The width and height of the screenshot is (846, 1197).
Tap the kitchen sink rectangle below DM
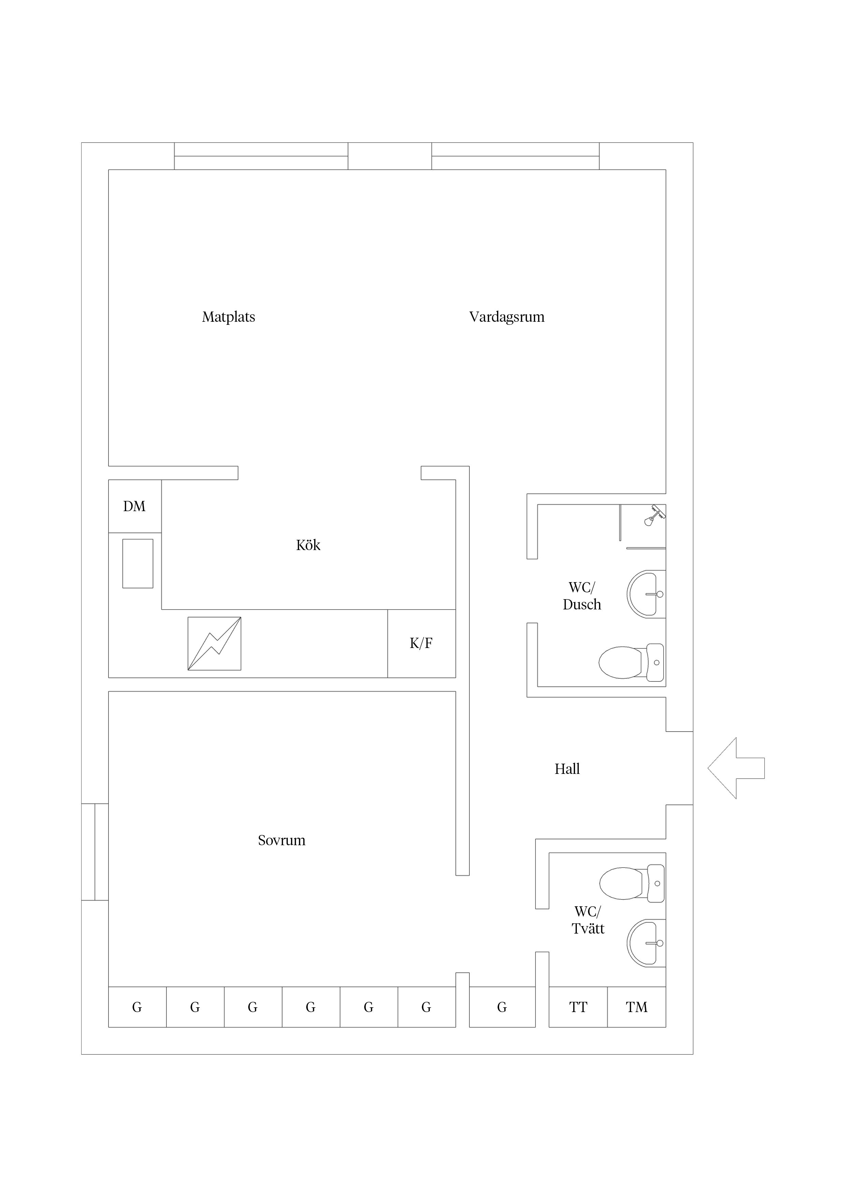point(137,564)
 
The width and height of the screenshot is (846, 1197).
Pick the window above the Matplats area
point(261,156)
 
